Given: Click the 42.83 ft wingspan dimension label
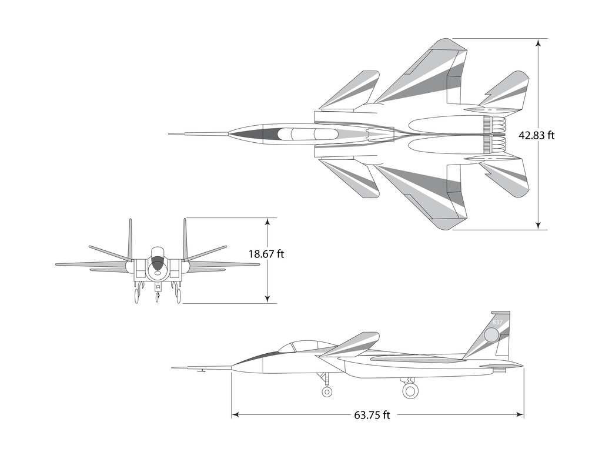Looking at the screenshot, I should (x=536, y=135).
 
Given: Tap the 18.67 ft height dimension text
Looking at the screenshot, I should (x=266, y=254).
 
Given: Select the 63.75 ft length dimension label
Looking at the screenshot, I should (x=372, y=416).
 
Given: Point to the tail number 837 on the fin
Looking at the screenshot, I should (x=497, y=323).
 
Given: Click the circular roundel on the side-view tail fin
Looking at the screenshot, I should (x=491, y=335).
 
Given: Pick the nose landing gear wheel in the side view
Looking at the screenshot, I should (x=327, y=391).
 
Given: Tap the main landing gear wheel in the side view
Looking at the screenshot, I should (x=410, y=390).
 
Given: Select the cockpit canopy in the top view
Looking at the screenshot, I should (x=307, y=134).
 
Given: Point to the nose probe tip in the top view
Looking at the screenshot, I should (x=170, y=134).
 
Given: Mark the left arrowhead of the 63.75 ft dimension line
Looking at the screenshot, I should (x=235, y=415).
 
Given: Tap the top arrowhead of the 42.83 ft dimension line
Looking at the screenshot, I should (x=538, y=42).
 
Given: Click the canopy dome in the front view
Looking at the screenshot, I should (x=158, y=253).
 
